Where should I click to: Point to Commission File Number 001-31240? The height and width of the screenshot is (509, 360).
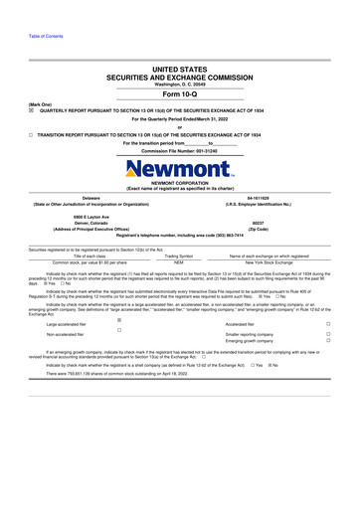[179, 149]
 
